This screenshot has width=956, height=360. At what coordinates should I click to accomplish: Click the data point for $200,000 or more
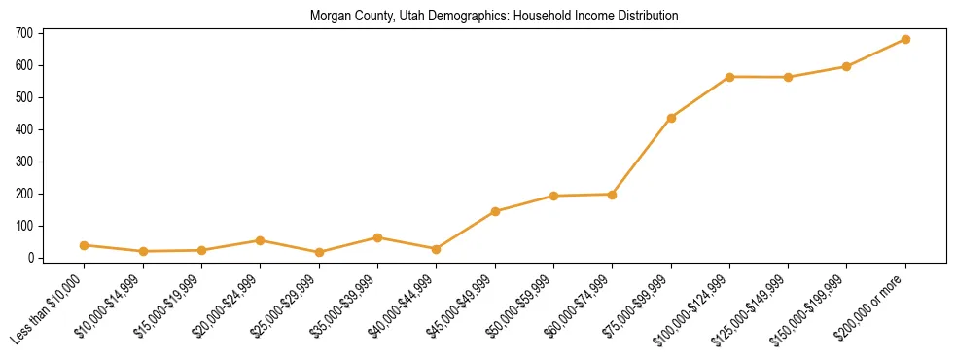[x=905, y=39]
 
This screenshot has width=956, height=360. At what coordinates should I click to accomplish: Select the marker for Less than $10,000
[x=85, y=245]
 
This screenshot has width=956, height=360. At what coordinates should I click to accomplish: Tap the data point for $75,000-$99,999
[x=671, y=118]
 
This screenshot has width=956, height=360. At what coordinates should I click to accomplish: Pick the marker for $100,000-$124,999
[x=729, y=77]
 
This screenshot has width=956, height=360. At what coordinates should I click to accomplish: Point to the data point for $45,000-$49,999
[x=495, y=211]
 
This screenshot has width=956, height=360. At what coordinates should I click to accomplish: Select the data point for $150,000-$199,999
[x=846, y=66]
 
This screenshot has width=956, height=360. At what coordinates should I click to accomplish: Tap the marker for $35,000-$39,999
[x=377, y=237]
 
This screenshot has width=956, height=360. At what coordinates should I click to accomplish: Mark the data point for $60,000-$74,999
[x=612, y=195]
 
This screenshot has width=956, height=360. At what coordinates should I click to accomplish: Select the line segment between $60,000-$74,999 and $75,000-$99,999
[x=642, y=156]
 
